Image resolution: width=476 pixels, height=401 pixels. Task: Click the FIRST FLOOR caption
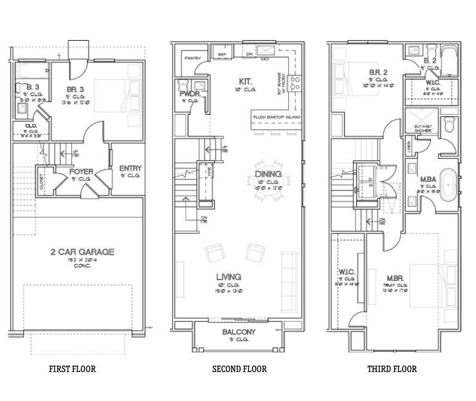[x=72, y=370]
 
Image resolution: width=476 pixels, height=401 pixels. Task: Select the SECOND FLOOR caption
[x=239, y=370]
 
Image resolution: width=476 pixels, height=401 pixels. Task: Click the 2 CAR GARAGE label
[x=82, y=252]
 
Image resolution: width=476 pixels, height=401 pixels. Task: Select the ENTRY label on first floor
[x=130, y=168]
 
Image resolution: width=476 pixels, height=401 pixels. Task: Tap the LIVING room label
[x=228, y=277]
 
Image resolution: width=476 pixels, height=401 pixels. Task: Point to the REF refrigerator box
[x=221, y=55]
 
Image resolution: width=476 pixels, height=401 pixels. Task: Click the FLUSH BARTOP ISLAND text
[x=275, y=116]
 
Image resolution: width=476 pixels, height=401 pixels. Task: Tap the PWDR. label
[x=188, y=94]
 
